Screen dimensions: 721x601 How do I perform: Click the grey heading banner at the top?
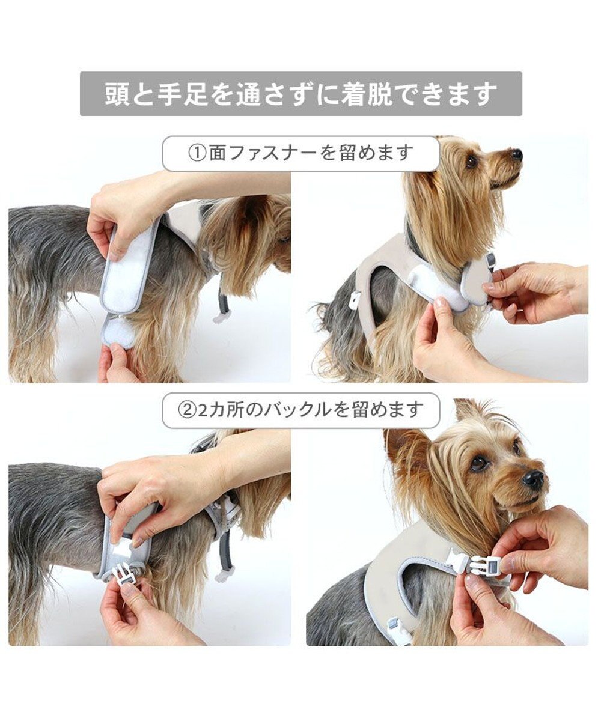(300, 94)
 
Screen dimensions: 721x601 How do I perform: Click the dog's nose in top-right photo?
(516, 154)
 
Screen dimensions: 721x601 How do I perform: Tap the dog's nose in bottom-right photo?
(532, 479)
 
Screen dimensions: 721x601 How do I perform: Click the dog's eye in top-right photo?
(472, 160)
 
